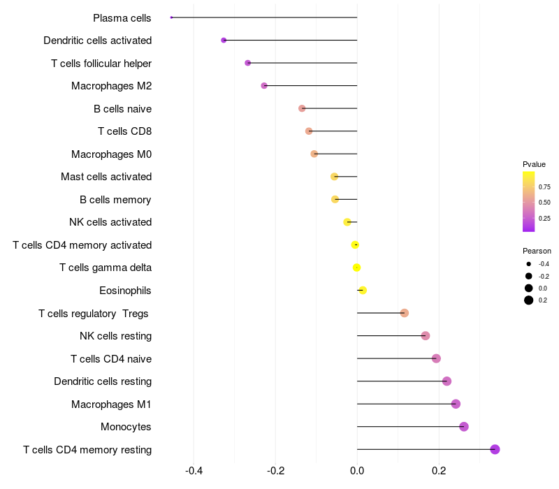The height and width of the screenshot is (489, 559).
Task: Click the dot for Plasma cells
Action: [x=171, y=17]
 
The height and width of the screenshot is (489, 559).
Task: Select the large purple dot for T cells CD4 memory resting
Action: [x=495, y=449]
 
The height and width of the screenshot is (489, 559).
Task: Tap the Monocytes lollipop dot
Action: [x=464, y=427]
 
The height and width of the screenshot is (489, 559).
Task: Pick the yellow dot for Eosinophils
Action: [x=363, y=290]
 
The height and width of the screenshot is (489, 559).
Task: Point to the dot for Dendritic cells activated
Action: [x=224, y=41]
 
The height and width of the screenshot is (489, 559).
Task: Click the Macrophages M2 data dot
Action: [x=264, y=86]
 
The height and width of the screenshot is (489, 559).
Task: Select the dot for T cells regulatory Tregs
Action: [x=405, y=313]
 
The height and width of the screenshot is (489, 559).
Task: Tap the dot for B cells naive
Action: [x=302, y=108]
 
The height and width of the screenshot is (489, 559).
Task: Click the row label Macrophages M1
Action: [x=111, y=404]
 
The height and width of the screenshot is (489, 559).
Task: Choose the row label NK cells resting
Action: [x=115, y=336]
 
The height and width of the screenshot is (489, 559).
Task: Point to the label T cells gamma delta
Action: [x=106, y=268]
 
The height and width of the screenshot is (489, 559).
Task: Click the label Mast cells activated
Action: [x=106, y=177]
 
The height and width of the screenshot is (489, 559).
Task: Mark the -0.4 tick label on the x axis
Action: [x=194, y=470]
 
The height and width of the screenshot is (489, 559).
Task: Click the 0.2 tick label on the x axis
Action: [x=439, y=470]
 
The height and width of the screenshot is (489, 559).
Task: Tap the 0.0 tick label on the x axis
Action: [x=357, y=470]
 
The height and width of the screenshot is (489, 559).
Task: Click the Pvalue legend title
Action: [x=535, y=164]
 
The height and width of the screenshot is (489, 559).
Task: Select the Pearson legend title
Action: [x=537, y=251]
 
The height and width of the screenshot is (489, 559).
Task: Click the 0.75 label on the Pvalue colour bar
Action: [x=545, y=187]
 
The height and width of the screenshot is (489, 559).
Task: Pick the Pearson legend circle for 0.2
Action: [x=529, y=300]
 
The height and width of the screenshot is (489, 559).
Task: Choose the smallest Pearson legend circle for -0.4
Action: [x=529, y=264]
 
